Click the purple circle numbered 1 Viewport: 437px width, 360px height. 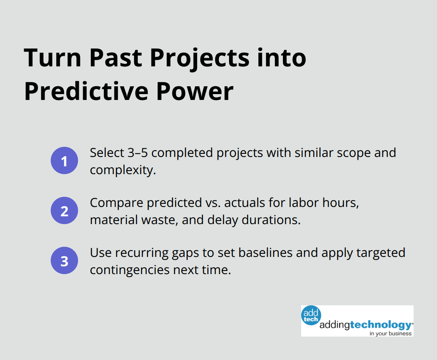point(64,161)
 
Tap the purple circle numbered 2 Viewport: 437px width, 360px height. point(64,211)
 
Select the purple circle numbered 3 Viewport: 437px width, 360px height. point(64,261)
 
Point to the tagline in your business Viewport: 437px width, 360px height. point(391,333)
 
